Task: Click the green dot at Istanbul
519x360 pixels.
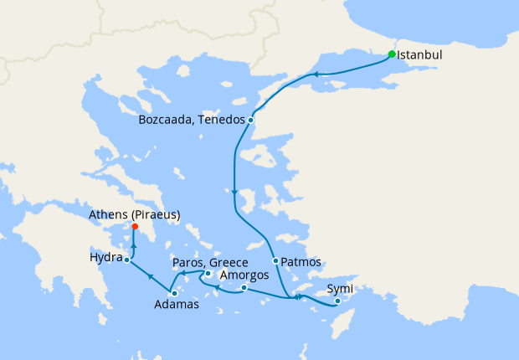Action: point(392,54)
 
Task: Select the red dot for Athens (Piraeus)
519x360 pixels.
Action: point(136,226)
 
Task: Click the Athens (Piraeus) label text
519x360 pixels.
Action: point(135,214)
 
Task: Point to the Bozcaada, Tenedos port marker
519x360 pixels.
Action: point(250,120)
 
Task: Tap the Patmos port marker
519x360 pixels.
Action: point(275,260)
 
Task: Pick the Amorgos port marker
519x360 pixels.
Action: point(244,289)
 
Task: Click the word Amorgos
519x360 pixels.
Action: point(245,275)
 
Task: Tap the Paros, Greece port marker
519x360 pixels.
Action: point(208,272)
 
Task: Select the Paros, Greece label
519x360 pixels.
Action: point(209,262)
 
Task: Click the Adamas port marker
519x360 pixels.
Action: point(174,293)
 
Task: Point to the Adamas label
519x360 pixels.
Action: point(177,305)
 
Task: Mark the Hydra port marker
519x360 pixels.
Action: point(126,260)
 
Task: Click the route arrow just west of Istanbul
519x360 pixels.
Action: point(318,75)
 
